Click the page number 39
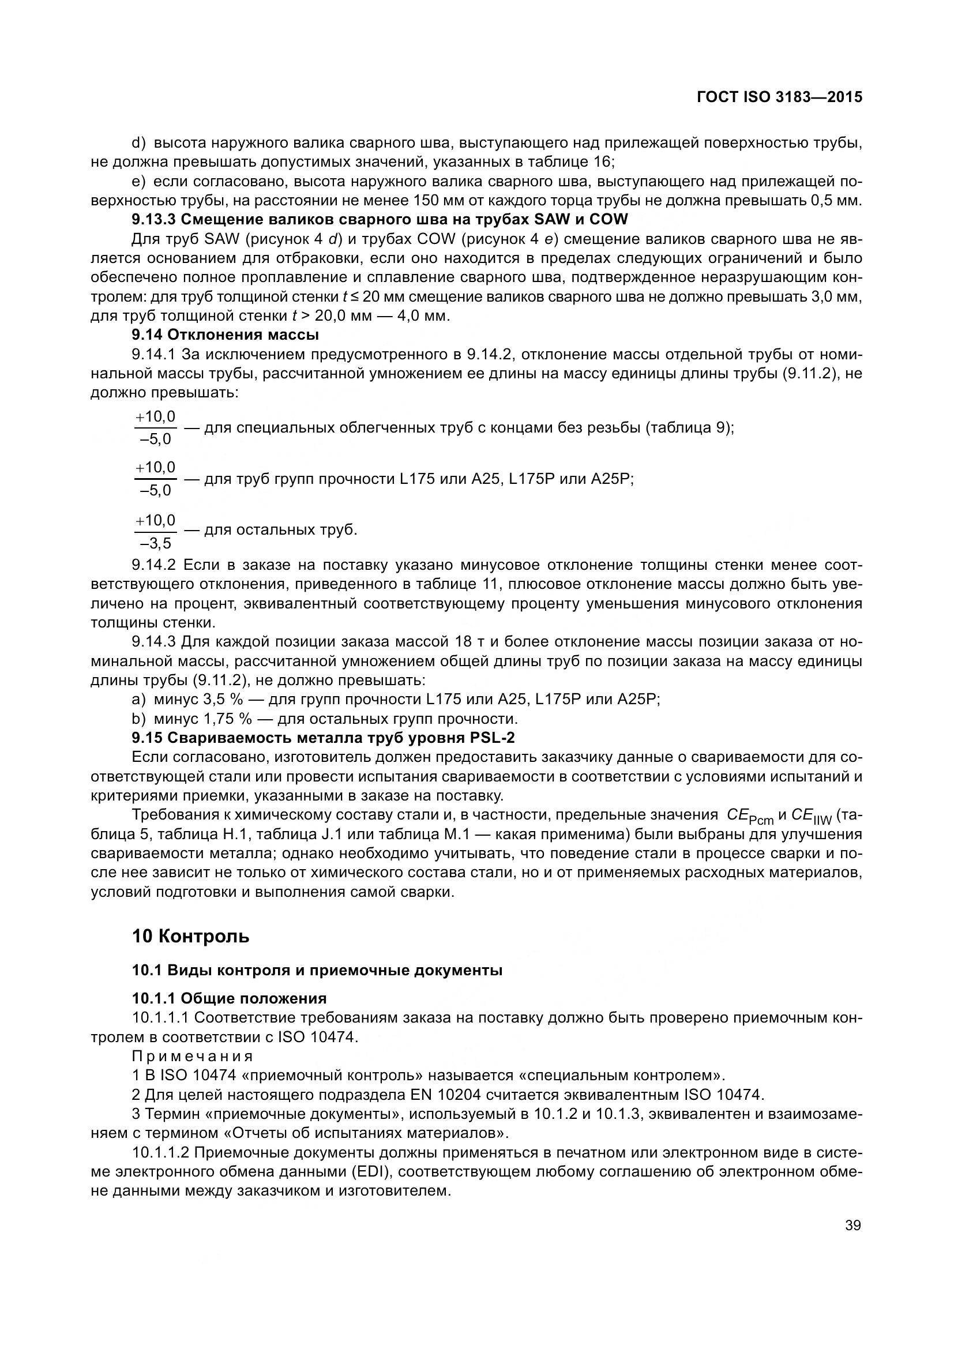pyautogui.click(x=852, y=1225)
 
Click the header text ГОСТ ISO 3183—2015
pyautogui.click(x=779, y=97)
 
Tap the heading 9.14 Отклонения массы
pyautogui.click(x=225, y=335)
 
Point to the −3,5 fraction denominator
pyautogui.click(x=156, y=542)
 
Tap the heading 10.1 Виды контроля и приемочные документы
pyautogui.click(x=317, y=970)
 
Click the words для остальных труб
pyautogui.click(x=280, y=530)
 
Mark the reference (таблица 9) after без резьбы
pyautogui.click(x=688, y=428)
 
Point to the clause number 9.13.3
pyautogui.click(x=153, y=220)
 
